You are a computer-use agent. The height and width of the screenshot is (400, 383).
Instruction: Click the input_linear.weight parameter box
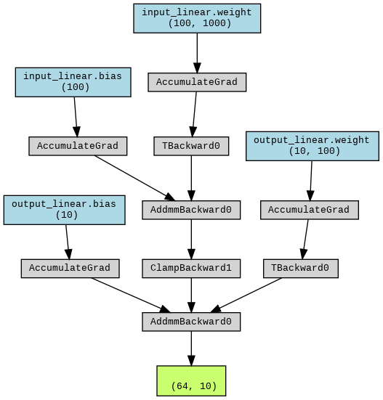click(197, 18)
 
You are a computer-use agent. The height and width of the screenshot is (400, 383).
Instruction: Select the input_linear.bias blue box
click(73, 82)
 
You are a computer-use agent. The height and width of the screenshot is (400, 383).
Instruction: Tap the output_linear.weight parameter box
click(313, 146)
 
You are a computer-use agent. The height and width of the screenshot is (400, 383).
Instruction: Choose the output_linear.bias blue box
click(65, 210)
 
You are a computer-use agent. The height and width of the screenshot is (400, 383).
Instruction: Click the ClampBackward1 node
click(191, 269)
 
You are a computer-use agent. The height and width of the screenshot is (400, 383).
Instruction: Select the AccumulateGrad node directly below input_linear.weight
click(197, 82)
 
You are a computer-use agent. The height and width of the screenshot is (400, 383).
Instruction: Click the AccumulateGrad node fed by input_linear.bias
click(78, 146)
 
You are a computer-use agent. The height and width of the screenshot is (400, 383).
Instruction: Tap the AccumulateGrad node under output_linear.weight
click(310, 210)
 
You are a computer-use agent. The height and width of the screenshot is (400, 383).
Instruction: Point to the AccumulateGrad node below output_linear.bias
click(70, 269)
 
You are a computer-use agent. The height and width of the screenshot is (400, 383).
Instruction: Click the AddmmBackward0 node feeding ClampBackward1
click(191, 210)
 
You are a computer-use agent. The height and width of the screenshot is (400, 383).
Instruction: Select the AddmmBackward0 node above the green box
click(191, 322)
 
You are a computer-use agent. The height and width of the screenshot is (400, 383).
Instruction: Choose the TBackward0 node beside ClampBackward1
click(301, 269)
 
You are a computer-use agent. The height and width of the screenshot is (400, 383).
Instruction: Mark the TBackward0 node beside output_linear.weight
click(191, 146)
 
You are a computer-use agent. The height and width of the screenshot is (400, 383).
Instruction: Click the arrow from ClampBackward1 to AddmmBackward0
click(191, 295)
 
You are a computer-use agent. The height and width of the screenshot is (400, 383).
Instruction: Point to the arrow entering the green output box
click(191, 348)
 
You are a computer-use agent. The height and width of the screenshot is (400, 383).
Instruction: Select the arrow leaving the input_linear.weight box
click(197, 53)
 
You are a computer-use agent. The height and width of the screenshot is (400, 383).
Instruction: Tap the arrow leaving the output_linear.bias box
click(68, 242)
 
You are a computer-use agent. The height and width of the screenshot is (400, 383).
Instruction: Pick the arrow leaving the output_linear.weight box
click(311, 181)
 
